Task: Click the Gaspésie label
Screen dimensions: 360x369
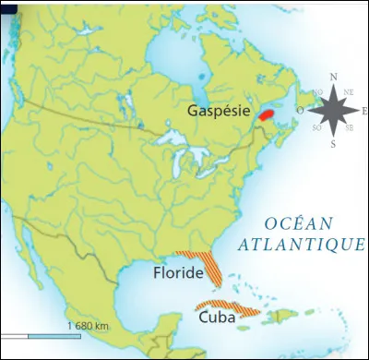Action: click(219, 110)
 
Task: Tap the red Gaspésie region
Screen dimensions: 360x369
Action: click(266, 115)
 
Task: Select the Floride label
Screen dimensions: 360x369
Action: click(177, 274)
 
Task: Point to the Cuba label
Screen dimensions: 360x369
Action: click(217, 316)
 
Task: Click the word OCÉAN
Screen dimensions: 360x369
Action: click(294, 223)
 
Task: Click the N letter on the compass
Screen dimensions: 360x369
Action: click(333, 78)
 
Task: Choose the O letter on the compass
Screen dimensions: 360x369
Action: click(299, 111)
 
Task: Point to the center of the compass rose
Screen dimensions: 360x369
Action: click(333, 111)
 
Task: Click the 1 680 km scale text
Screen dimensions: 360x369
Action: click(89, 326)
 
